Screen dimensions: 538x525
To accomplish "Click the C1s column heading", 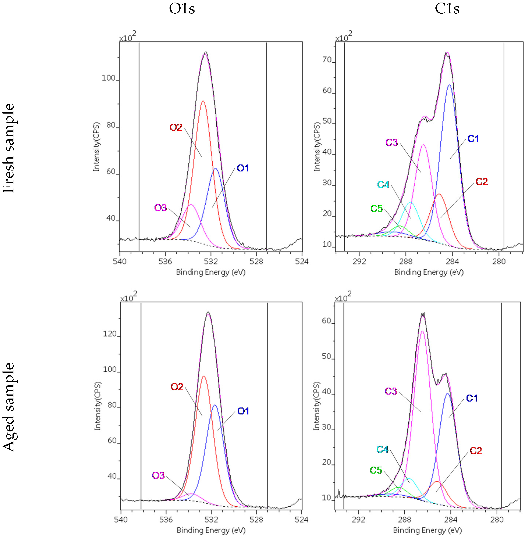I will tap(447, 9).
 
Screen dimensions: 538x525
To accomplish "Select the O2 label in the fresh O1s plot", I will tap(176, 127).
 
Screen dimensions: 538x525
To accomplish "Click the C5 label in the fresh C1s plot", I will tap(376, 209).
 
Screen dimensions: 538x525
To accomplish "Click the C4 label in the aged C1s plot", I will tap(382, 449).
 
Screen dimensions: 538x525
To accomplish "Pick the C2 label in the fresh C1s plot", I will tap(482, 182).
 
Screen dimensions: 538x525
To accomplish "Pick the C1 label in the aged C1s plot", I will tap(472, 398).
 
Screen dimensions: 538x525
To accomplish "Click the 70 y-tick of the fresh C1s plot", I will tap(327, 60).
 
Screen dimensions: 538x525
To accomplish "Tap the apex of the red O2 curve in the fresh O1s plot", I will tap(203, 101).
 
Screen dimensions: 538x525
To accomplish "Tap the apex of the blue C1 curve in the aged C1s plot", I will tap(448, 393).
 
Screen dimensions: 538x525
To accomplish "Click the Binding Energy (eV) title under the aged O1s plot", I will tap(211, 530).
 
